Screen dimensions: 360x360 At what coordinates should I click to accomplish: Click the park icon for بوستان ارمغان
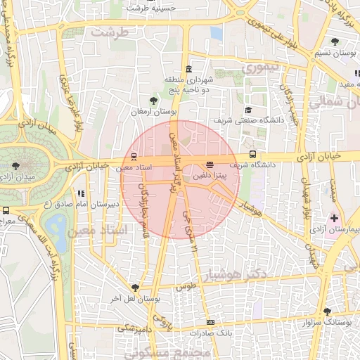click(x=154, y=100)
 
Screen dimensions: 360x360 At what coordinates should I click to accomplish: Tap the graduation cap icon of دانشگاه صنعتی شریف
click(x=248, y=110)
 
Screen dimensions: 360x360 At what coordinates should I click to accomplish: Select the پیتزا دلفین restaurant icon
click(x=210, y=165)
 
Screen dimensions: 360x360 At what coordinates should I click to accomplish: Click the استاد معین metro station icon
click(x=134, y=157)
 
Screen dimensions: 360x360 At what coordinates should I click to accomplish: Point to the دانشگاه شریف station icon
click(x=252, y=155)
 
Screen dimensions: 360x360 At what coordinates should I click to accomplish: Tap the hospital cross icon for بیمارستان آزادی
click(x=334, y=219)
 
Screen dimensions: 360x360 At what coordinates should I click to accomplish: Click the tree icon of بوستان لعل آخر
click(x=135, y=287)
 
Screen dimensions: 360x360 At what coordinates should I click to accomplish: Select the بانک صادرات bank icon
click(x=210, y=321)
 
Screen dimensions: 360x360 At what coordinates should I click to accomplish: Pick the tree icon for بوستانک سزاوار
click(x=327, y=311)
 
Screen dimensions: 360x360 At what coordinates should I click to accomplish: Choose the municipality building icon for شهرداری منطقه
click(x=188, y=69)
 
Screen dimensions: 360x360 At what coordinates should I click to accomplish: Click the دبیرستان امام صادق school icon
click(x=82, y=193)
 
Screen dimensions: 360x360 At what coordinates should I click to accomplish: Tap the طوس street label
click(x=185, y=288)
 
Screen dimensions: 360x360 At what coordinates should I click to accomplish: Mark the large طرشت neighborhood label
click(x=116, y=32)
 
